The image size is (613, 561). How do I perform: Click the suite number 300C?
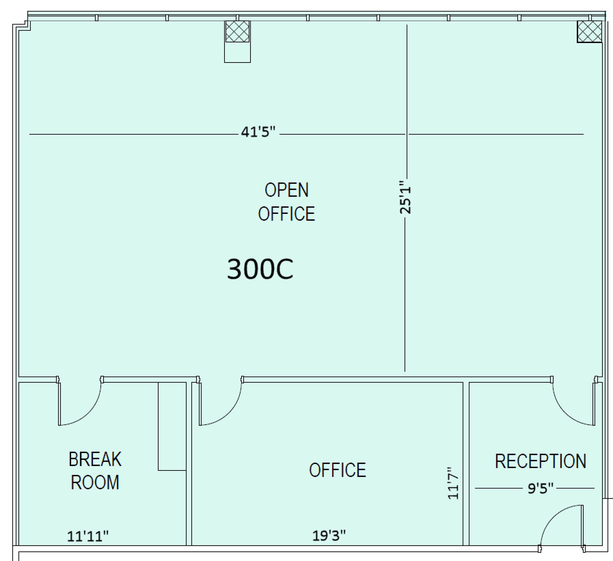point(260,269)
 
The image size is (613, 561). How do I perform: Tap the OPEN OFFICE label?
point(286,202)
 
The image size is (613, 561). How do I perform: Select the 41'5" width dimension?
point(258,132)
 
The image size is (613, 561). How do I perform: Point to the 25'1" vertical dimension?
point(405,197)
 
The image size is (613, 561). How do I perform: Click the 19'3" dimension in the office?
point(329,535)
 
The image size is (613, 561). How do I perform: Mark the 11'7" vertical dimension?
point(453,483)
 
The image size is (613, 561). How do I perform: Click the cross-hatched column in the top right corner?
point(589,31)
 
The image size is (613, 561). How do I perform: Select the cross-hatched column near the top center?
point(237,31)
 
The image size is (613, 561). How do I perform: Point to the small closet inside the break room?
point(172,426)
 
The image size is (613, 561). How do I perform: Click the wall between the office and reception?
point(466,464)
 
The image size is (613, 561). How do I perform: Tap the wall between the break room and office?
point(189,464)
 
